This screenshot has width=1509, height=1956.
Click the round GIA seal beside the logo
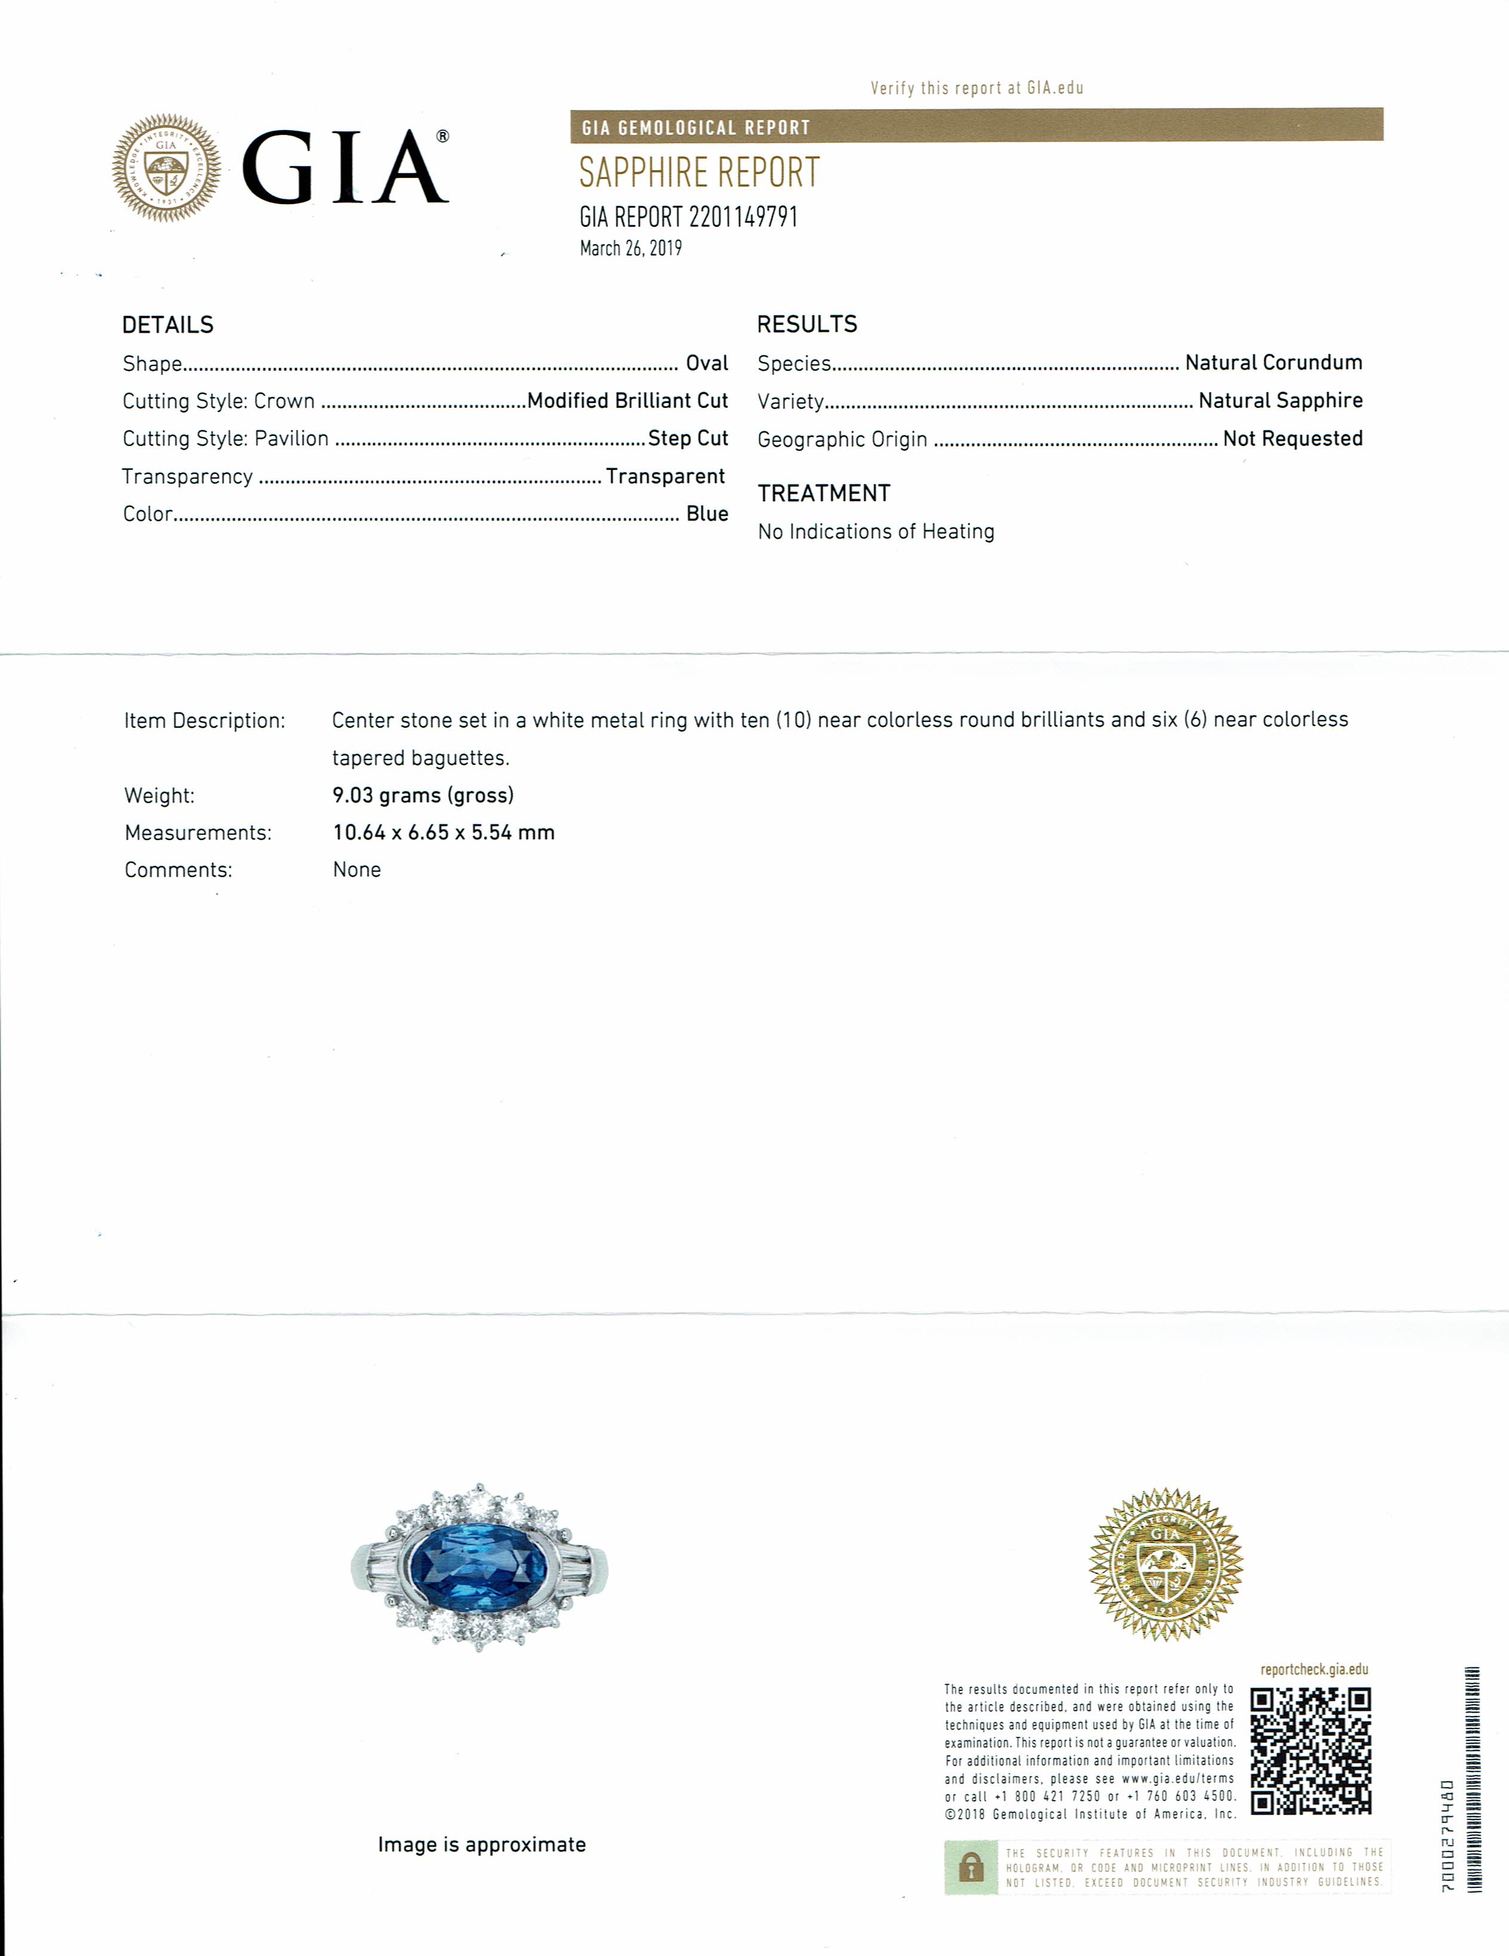[167, 167]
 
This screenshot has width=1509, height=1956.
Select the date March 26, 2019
[631, 249]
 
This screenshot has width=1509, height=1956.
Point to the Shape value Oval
[707, 364]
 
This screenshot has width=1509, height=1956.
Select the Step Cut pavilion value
[687, 439]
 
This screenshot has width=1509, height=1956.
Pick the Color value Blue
[707, 514]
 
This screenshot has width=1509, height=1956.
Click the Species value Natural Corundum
[1274, 363]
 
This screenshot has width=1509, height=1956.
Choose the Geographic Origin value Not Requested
[1292, 439]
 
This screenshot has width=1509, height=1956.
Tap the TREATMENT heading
[823, 493]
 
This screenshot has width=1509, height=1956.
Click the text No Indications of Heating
[876, 532]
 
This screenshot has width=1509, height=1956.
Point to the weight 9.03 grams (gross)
[423, 795]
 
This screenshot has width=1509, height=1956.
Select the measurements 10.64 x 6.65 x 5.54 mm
[443, 833]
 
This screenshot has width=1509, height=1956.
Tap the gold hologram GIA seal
[1165, 1564]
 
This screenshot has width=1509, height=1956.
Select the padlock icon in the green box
[970, 1868]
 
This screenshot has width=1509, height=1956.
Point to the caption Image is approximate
[481, 1845]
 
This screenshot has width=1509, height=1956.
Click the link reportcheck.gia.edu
[1314, 1669]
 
